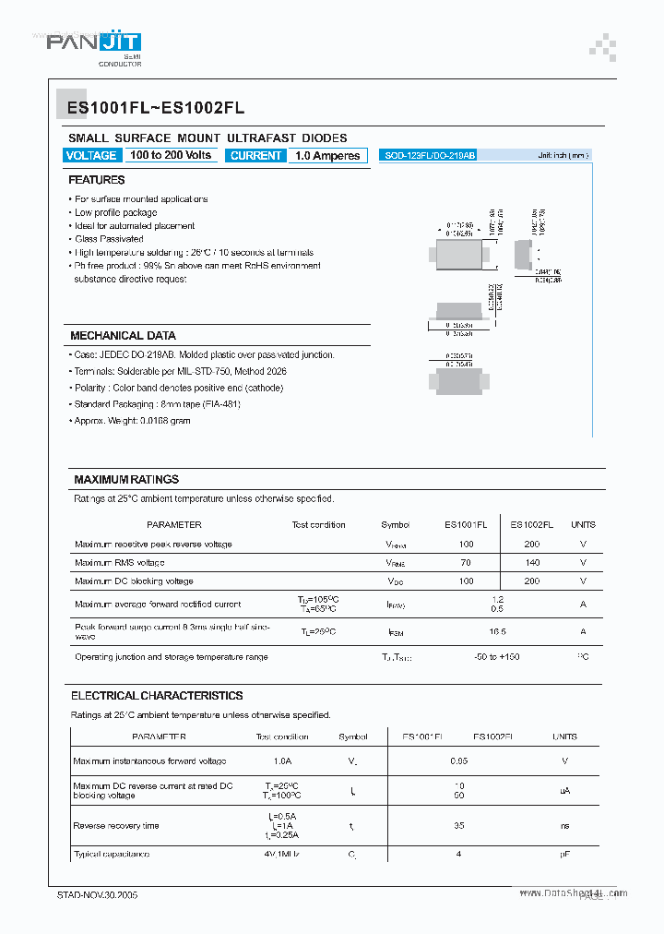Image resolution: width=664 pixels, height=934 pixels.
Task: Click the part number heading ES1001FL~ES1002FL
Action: tap(156, 108)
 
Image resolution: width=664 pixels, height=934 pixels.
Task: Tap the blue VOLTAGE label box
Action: tap(91, 155)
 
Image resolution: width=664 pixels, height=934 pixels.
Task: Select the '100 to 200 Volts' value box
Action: tap(171, 155)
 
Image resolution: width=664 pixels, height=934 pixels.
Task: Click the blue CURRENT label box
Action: tap(255, 156)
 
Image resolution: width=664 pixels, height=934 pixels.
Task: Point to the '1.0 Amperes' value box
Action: tap(327, 156)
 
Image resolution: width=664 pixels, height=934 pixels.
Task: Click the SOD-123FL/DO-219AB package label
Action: tap(430, 156)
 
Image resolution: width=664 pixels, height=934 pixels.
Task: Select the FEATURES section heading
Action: tap(97, 180)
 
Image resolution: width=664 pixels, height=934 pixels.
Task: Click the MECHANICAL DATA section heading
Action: tap(123, 336)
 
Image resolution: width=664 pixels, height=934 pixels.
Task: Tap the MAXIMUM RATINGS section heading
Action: tap(126, 480)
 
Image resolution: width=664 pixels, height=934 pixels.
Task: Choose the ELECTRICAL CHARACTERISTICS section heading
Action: tap(157, 696)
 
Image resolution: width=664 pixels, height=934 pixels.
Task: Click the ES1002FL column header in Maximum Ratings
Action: tap(531, 524)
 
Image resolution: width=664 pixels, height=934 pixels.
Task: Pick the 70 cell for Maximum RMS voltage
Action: tap(466, 562)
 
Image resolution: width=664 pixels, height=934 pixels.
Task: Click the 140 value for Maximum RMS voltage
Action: tap(531, 562)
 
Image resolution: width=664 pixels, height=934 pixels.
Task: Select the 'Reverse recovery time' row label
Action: tap(116, 826)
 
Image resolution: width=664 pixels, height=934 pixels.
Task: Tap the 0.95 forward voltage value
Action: tap(458, 761)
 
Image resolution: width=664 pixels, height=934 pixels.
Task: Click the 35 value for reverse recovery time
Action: tap(458, 826)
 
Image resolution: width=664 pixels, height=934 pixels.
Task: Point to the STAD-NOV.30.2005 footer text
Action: tap(98, 895)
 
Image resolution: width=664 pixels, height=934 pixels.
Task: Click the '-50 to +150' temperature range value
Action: tap(498, 656)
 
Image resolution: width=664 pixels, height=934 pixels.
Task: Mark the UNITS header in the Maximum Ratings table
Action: tap(583, 524)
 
